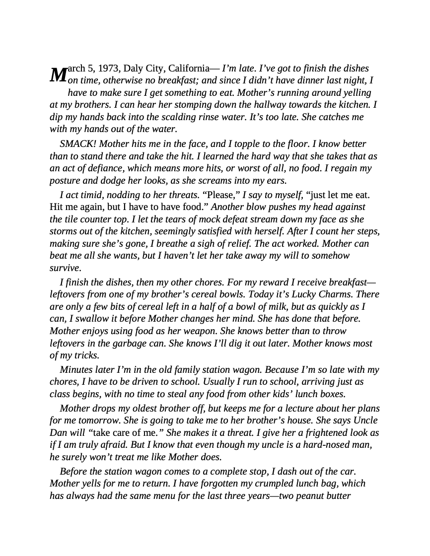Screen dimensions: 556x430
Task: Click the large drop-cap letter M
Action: tap(58, 74)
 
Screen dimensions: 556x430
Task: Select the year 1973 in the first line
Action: tap(109, 69)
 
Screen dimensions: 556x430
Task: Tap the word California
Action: tap(186, 69)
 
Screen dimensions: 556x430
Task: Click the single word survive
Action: tap(65, 268)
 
